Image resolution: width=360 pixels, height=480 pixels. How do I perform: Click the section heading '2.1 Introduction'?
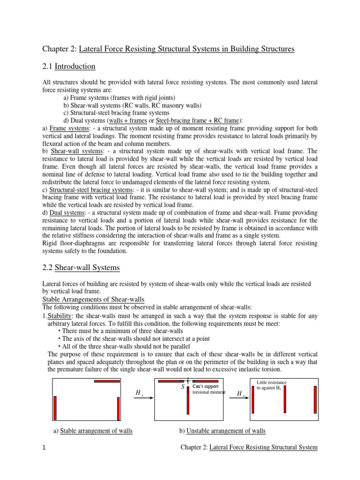(x=68, y=66)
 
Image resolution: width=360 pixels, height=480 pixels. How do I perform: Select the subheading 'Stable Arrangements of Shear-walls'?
(x=93, y=300)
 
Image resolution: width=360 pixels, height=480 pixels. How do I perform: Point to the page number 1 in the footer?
(x=44, y=448)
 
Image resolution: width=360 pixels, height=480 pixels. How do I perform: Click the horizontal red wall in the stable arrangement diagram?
(x=107, y=381)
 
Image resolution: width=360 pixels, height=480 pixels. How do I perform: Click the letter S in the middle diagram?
(x=182, y=387)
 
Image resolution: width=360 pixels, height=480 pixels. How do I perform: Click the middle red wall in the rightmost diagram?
(x=284, y=399)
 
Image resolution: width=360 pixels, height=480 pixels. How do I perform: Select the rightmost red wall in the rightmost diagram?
(x=315, y=399)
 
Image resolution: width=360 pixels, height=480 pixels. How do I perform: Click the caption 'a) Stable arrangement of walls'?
(x=94, y=431)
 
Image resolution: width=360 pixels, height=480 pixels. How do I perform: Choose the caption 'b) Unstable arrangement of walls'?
(x=222, y=431)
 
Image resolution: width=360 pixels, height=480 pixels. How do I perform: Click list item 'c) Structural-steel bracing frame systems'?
(x=116, y=113)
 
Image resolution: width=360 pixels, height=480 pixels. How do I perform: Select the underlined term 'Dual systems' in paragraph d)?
(x=66, y=212)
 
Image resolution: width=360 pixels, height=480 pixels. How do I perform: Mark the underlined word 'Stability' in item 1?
(x=60, y=315)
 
